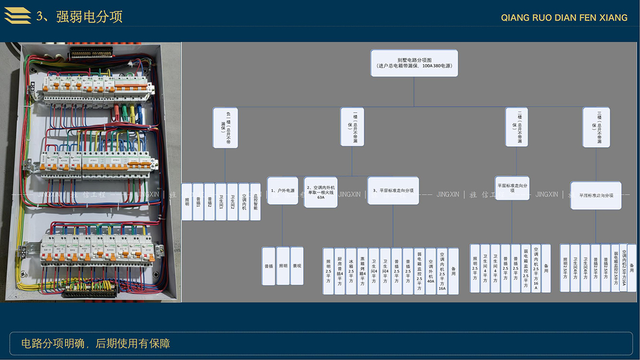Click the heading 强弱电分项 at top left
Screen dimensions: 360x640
tap(79, 17)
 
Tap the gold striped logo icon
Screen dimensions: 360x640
tap(18, 17)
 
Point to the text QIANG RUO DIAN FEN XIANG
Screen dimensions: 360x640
tap(564, 18)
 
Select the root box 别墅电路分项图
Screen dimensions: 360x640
tap(414, 63)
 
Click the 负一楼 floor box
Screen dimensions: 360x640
tap(225, 127)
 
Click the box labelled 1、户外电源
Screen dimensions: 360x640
tap(282, 190)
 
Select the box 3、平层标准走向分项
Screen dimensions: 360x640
tap(393, 190)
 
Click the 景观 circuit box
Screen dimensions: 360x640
tap(297, 265)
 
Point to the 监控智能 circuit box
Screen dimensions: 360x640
tap(255, 202)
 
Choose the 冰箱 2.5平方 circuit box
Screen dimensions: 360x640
tap(351, 271)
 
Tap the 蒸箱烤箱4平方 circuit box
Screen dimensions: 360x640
tap(362, 271)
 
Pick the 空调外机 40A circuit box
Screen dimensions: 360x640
tap(430, 271)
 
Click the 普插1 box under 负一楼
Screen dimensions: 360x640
tap(198, 202)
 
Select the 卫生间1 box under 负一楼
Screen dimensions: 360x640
tap(221, 202)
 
